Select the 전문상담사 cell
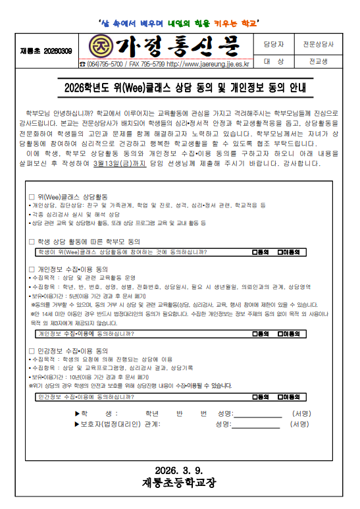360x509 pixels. pos(318,45)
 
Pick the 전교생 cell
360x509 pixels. pos(318,61)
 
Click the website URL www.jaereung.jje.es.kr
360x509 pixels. pos(209,64)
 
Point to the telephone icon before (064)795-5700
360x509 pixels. pos(82,64)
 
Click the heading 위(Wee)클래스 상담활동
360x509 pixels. pos(70,196)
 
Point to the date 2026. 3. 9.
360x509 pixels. pos(179,469)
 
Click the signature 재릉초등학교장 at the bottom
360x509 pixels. pos(179,483)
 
